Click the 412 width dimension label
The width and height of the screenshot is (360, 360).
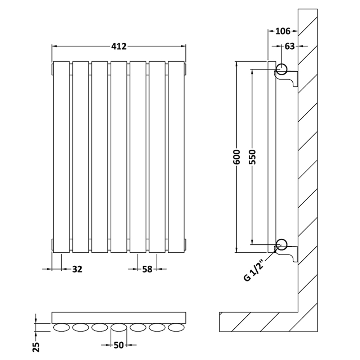point(119,46)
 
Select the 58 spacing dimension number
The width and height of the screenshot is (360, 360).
point(147,269)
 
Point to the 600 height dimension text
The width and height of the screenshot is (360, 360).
point(237,157)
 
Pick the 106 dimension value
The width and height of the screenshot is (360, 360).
point(283,31)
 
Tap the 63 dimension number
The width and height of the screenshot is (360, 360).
point(289,46)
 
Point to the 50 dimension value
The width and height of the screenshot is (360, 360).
point(119,345)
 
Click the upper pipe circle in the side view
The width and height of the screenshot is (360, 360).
point(282,68)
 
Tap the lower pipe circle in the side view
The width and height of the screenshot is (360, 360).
point(282,244)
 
